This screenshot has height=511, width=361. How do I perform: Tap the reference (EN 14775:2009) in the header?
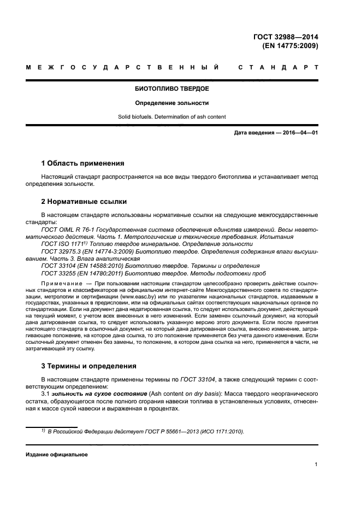(x=291, y=46)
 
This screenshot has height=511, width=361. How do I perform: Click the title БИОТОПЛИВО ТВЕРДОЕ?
(x=172, y=89)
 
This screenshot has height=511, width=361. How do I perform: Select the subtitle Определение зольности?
(x=172, y=103)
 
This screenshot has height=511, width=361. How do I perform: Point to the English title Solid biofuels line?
(x=172, y=117)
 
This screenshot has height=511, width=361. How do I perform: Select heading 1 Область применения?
(x=83, y=163)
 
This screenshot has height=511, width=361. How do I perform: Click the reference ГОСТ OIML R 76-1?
(x=67, y=231)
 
